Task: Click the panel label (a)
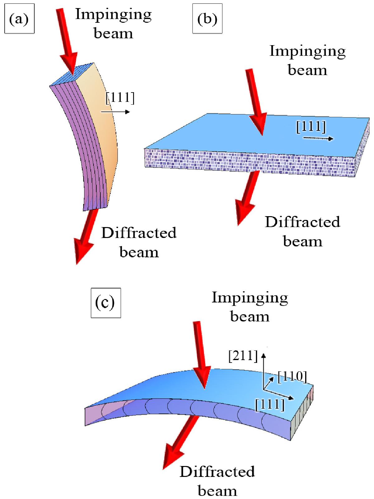tap(19, 19)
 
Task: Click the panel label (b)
tap(207, 19)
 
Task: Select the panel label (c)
tap(106, 303)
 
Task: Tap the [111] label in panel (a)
tap(120, 98)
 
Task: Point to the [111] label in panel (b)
tap(311, 126)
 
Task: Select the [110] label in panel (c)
tap(292, 376)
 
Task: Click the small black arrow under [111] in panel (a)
tap(115, 112)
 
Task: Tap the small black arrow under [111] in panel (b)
tap(319, 138)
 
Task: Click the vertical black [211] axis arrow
tap(263, 372)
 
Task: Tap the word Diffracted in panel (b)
tap(302, 222)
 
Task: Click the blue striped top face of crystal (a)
tap(72, 74)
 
